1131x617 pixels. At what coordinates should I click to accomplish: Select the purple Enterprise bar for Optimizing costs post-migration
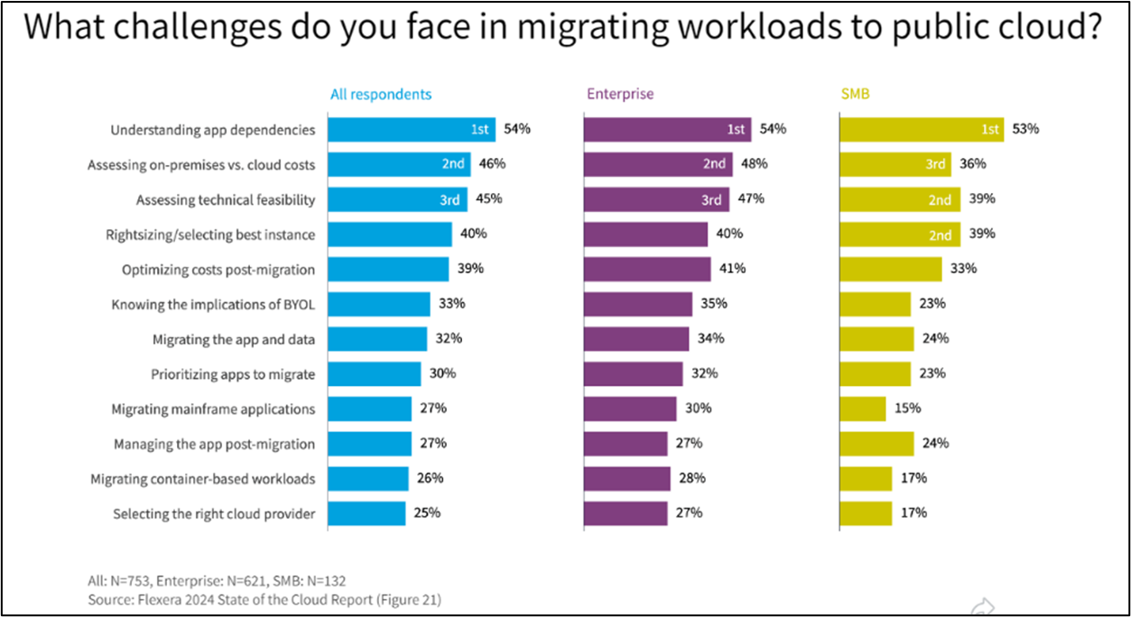point(647,269)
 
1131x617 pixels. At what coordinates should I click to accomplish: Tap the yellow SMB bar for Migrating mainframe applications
point(863,409)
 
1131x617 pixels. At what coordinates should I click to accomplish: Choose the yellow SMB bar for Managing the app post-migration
point(876,444)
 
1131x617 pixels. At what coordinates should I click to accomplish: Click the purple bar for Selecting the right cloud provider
point(626,513)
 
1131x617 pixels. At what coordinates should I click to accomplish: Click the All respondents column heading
point(380,94)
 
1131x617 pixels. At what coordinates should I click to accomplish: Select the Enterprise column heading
point(620,94)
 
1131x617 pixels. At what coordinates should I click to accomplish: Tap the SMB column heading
point(855,94)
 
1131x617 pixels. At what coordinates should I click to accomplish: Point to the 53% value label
point(1025,129)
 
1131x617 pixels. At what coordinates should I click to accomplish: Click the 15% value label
point(907,409)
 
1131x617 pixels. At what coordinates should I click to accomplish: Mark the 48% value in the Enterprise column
point(754,164)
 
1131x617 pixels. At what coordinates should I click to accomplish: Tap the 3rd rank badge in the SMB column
point(935,164)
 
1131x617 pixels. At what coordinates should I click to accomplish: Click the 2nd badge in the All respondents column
point(453,164)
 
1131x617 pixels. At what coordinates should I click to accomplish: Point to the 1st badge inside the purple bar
point(737,130)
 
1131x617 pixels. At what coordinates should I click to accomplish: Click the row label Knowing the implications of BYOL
point(213,304)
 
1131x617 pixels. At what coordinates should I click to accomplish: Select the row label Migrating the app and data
point(234,339)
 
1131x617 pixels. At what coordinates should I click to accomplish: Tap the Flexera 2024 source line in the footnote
point(264,599)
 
